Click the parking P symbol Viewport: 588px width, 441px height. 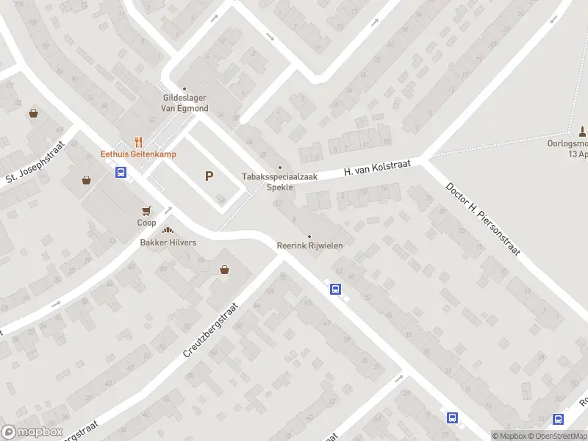click(209, 176)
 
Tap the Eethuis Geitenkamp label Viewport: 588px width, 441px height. click(137, 154)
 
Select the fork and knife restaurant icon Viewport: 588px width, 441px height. click(137, 142)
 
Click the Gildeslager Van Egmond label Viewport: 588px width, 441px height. click(185, 103)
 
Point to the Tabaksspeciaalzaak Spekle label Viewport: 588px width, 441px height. click(279, 182)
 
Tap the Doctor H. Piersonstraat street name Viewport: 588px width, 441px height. click(482, 218)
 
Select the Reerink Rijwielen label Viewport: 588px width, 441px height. click(309, 245)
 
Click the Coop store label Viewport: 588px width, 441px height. click(146, 223)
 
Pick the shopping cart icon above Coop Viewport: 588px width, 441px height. click(146, 210)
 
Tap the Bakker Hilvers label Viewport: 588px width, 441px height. click(168, 243)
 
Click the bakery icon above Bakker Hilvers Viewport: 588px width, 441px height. click(168, 231)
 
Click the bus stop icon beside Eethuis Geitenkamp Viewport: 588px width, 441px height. click(121, 173)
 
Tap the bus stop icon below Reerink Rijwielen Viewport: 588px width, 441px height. click(335, 289)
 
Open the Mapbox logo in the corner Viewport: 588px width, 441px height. click(32, 432)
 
